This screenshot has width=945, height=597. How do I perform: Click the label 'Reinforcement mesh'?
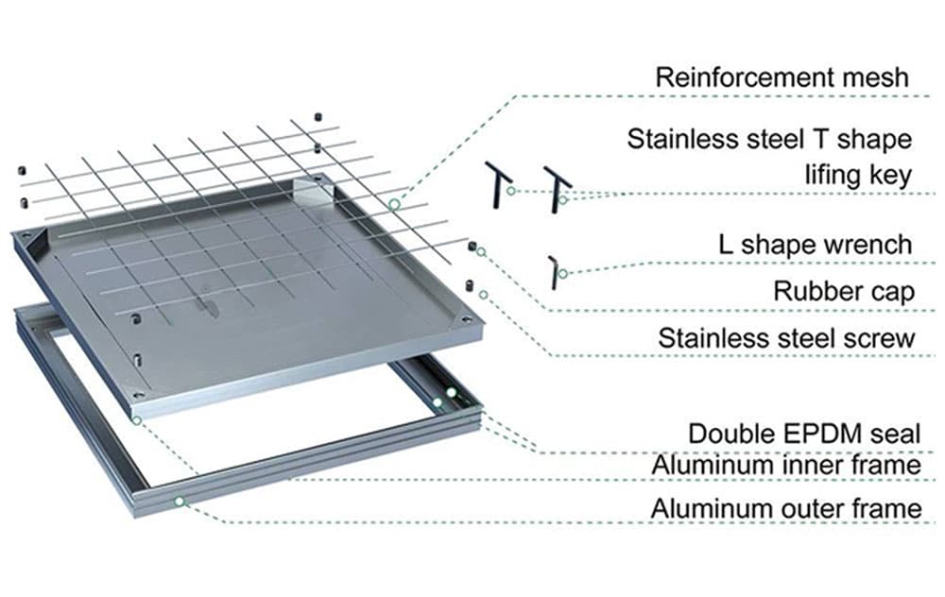782,77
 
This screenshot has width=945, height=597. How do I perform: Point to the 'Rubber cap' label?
844,291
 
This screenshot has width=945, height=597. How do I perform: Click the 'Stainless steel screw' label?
787,337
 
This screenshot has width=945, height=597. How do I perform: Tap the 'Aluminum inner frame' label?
786,466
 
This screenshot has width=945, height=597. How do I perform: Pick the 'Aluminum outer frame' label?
786,509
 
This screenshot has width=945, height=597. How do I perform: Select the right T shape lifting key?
558,184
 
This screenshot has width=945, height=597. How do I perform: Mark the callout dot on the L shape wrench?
563,274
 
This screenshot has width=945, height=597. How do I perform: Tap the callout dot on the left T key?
510,191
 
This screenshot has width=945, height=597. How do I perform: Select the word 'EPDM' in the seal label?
816,434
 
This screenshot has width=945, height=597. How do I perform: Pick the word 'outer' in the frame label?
820,509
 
